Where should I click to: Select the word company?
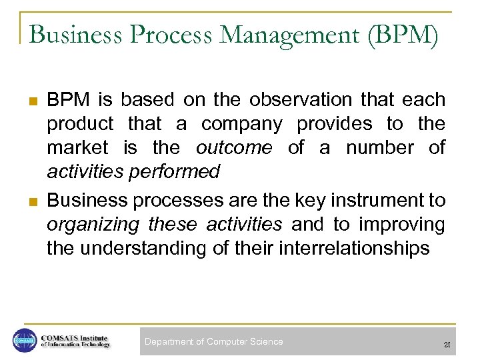tap(242, 124)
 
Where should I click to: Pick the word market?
tap(79, 148)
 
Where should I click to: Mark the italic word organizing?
tap(93, 224)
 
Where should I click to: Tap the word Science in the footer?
tap(266, 342)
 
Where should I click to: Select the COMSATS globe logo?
tap(25, 341)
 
